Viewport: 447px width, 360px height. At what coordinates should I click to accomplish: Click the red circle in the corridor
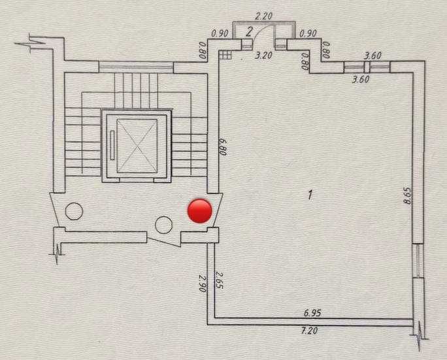tap(200, 211)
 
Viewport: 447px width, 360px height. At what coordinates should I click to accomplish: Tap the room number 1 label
tap(310, 195)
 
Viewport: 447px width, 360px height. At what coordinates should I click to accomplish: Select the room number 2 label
tap(249, 31)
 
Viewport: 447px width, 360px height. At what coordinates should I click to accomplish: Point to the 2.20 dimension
tap(264, 16)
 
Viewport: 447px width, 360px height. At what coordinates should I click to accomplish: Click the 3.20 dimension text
tap(263, 55)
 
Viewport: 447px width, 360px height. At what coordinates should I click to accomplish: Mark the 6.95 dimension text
tap(312, 313)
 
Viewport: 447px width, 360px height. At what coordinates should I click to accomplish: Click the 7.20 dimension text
tap(309, 331)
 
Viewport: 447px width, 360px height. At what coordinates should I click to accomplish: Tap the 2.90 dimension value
tap(203, 283)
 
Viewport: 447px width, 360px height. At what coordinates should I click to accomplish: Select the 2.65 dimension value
tap(219, 280)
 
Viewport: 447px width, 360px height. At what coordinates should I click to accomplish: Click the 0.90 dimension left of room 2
tap(220, 33)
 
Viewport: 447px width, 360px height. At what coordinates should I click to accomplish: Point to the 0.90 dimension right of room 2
tap(308, 33)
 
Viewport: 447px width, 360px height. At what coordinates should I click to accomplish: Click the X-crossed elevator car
tap(137, 146)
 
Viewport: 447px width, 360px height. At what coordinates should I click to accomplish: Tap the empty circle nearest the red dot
tap(163, 225)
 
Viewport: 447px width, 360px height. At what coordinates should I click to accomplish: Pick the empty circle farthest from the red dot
tap(74, 211)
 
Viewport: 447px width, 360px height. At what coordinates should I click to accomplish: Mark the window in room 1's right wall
tap(418, 260)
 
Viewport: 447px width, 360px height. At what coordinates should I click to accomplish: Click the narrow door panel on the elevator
tap(112, 145)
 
